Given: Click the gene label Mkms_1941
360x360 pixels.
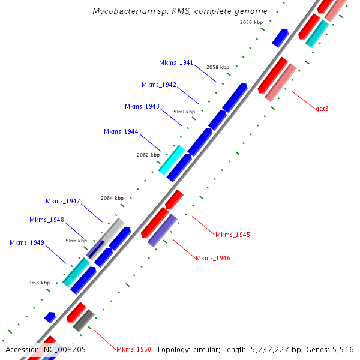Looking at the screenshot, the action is pyautogui.click(x=176, y=62).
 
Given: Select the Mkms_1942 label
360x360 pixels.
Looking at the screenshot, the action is pyautogui.click(x=159, y=85).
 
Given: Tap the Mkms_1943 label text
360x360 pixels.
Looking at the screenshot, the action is pyautogui.click(x=142, y=106).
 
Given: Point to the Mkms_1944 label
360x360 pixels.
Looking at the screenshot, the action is pyautogui.click(x=121, y=131).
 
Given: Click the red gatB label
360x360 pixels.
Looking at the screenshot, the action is pyautogui.click(x=322, y=109).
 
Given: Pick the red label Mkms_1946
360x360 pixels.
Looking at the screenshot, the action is pyautogui.click(x=213, y=258).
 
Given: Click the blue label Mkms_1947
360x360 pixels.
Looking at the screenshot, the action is pyautogui.click(x=63, y=201).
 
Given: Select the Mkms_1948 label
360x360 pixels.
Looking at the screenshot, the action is pyautogui.click(x=47, y=220).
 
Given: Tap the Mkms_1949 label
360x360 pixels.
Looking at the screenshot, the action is pyautogui.click(x=27, y=242).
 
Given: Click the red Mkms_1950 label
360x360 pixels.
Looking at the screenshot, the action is pyautogui.click(x=134, y=349).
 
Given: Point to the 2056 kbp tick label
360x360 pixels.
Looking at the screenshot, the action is pyautogui.click(x=251, y=22).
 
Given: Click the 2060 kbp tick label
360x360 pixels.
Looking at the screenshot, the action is pyautogui.click(x=184, y=112).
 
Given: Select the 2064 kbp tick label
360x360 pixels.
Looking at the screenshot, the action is pyautogui.click(x=112, y=198).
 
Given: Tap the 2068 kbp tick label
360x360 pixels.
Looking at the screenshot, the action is pyautogui.click(x=38, y=283).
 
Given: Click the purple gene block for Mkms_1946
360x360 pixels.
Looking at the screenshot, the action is pyautogui.click(x=162, y=230).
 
